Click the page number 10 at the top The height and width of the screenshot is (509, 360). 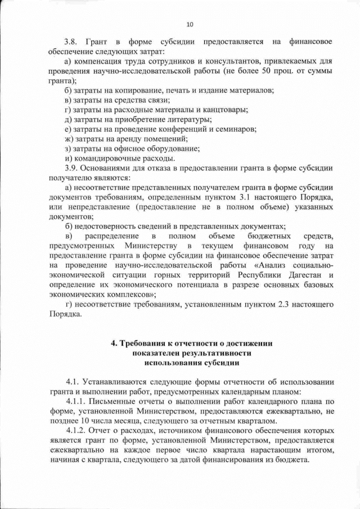click(x=190, y=24)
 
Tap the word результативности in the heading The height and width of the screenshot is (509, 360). click(x=214, y=353)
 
